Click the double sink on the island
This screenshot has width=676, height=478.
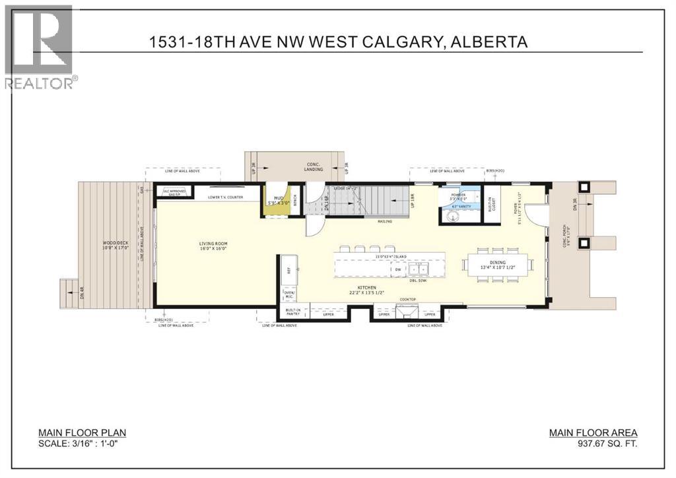point(417,270)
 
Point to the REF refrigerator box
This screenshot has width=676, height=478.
point(288,270)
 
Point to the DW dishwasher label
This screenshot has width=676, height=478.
point(396,270)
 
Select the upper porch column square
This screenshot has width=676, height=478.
point(583,188)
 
